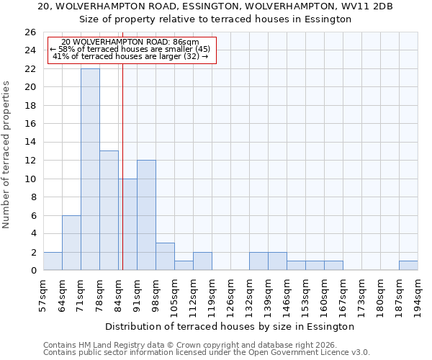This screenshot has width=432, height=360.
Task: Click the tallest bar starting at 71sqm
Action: click(x=90, y=169)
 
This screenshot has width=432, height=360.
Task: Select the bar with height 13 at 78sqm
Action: click(x=109, y=210)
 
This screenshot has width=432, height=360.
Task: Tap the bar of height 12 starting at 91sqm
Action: click(x=146, y=215)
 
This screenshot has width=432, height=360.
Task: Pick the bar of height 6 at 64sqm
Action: click(x=71, y=243)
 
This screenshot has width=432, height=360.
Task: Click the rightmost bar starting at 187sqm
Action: click(x=408, y=266)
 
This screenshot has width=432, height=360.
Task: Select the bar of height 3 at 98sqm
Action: click(x=165, y=256)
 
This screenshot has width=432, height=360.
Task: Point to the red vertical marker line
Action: click(x=122, y=166)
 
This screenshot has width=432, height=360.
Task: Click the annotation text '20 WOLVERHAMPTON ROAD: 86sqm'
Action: click(x=130, y=42)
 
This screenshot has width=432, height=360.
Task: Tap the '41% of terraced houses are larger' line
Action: click(x=130, y=56)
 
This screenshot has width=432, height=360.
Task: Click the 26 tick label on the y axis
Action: click(x=30, y=32)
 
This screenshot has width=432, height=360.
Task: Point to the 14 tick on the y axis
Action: click(x=30, y=143)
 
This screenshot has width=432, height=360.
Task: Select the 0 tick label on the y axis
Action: click(x=32, y=271)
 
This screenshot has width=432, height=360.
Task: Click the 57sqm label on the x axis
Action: click(x=43, y=295)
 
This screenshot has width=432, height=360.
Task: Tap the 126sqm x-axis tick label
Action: click(x=230, y=295)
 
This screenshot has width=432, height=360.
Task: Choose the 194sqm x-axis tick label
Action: click(x=418, y=295)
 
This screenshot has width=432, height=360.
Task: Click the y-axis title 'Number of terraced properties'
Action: click(x=7, y=155)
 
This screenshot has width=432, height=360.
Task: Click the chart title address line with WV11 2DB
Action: click(x=215, y=6)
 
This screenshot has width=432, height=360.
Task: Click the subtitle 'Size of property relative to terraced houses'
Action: click(x=215, y=19)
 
